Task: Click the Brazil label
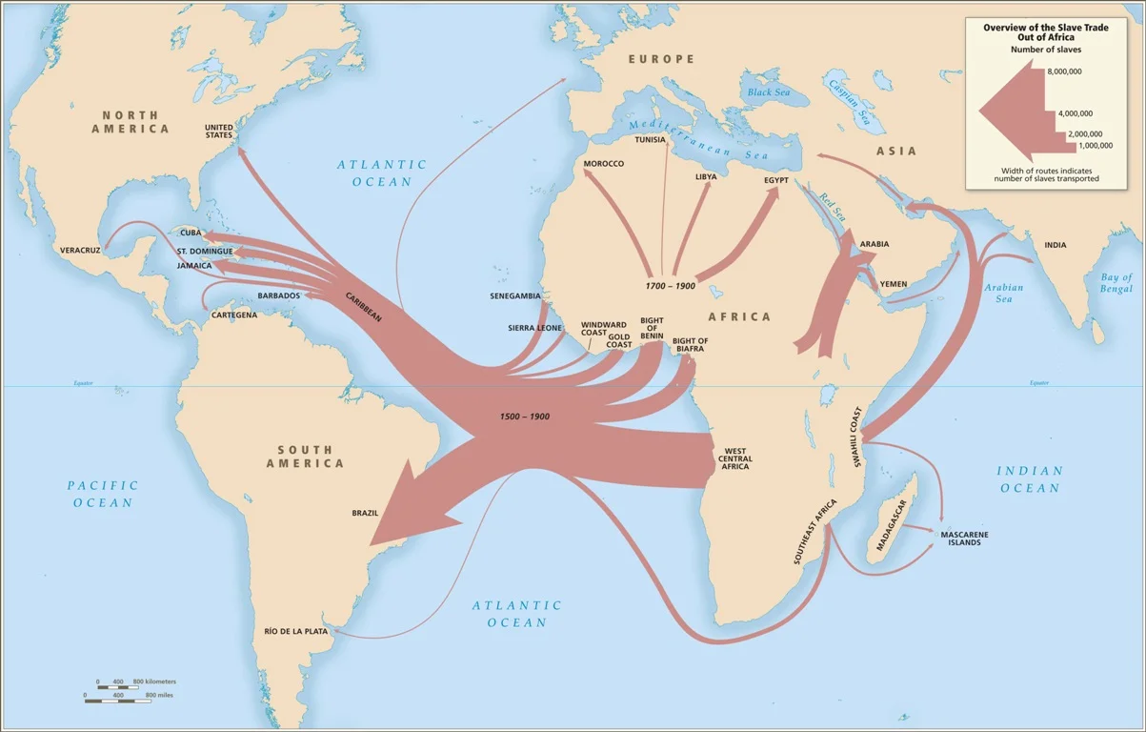(365, 513)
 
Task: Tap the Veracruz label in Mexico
(80, 250)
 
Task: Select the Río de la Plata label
(296, 631)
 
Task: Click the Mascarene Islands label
(964, 539)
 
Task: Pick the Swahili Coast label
(857, 437)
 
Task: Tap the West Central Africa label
(737, 458)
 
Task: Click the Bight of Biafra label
(690, 345)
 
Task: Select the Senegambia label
(515, 296)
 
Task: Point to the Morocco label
(604, 164)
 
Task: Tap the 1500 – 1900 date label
(525, 417)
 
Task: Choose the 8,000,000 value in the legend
(1065, 71)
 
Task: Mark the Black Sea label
(769, 92)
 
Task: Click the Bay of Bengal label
(1115, 283)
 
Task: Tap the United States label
(219, 131)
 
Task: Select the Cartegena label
(234, 315)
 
